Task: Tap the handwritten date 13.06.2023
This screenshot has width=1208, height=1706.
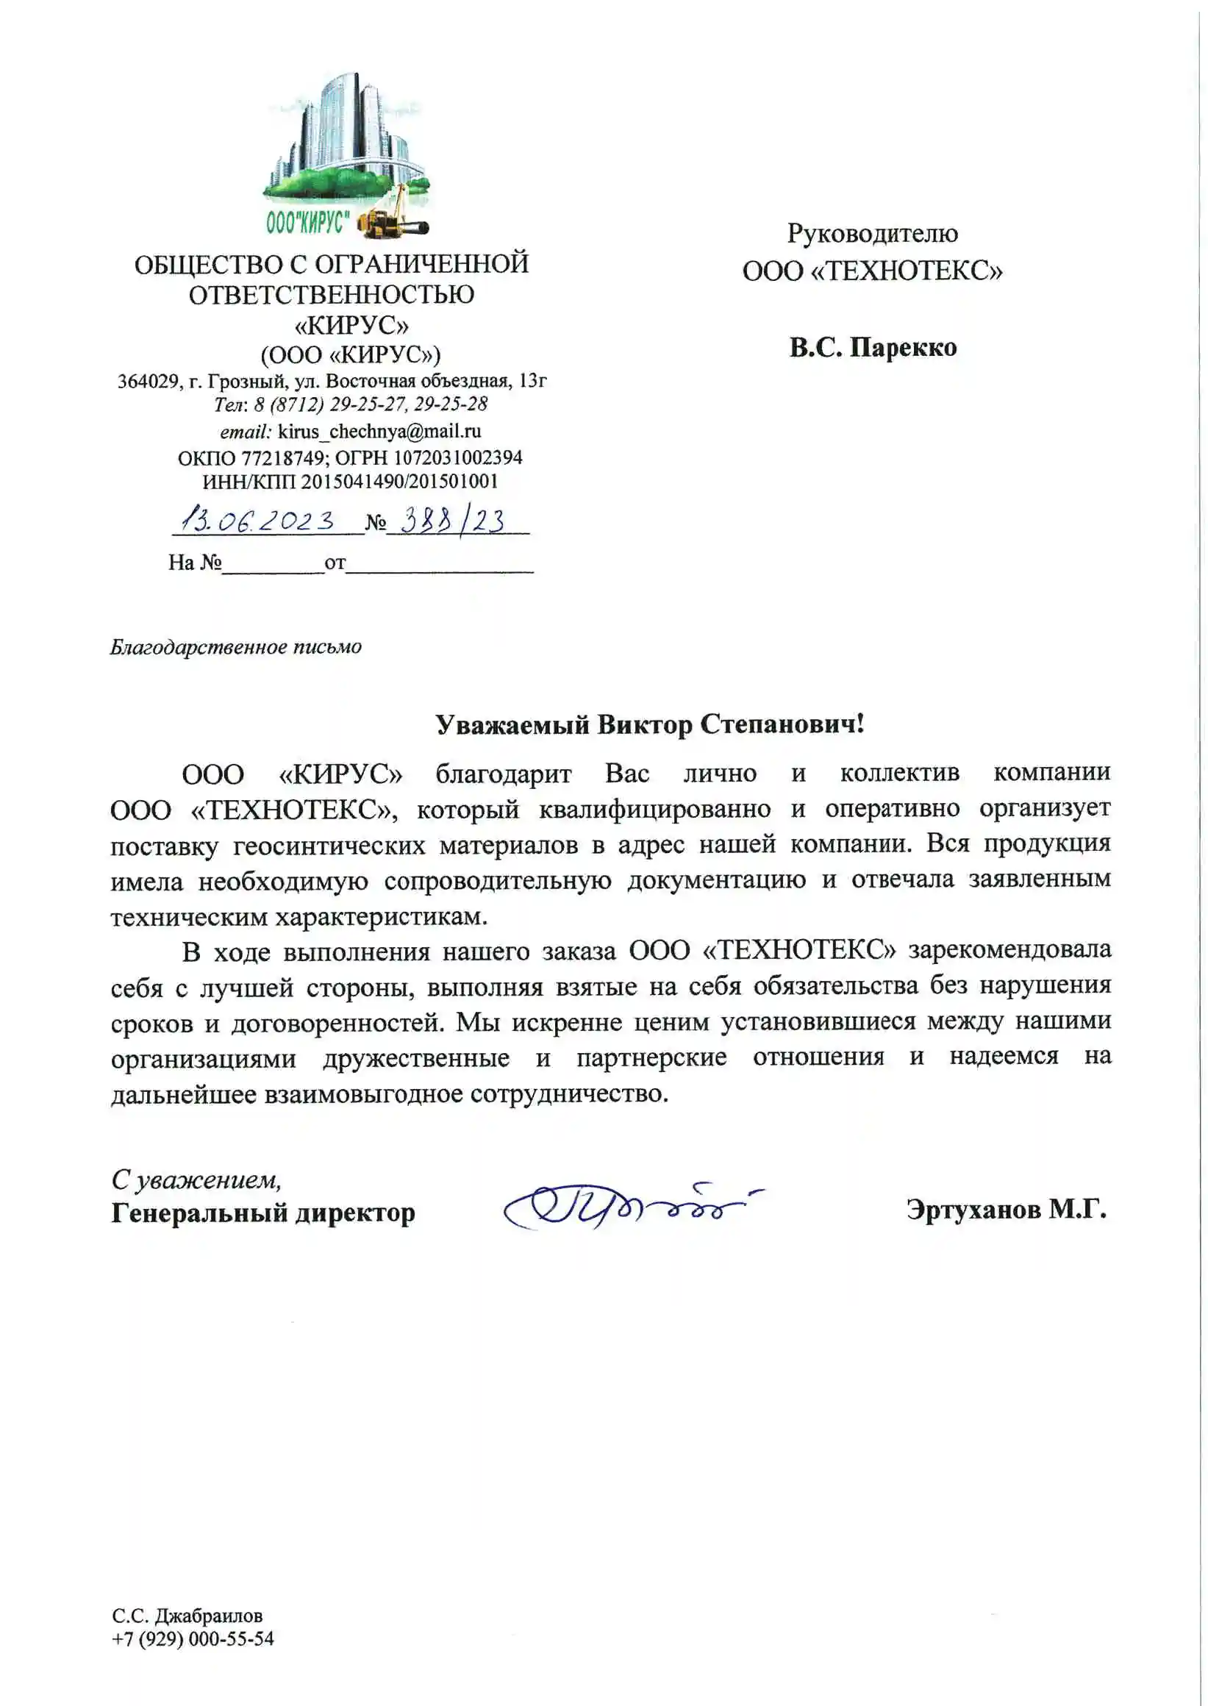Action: click(259, 519)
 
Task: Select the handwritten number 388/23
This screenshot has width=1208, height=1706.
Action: click(452, 520)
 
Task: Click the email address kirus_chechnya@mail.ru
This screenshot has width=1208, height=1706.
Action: click(379, 432)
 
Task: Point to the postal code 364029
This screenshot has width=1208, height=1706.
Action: click(149, 382)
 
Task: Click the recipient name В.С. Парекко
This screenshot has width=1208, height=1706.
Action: click(873, 347)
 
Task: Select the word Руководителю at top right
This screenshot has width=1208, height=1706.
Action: click(872, 234)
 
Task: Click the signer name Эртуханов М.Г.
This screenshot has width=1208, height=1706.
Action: click(1006, 1210)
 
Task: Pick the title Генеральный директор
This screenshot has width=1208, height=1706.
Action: click(262, 1213)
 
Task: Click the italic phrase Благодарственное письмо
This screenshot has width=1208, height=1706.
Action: click(236, 647)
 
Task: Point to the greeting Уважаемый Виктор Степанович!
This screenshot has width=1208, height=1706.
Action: click(649, 724)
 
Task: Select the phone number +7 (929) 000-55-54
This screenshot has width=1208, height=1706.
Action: click(193, 1639)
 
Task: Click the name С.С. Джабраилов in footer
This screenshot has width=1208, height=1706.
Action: click(187, 1616)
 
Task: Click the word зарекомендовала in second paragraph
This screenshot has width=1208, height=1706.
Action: click(1009, 950)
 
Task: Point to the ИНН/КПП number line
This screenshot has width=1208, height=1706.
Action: click(349, 482)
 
